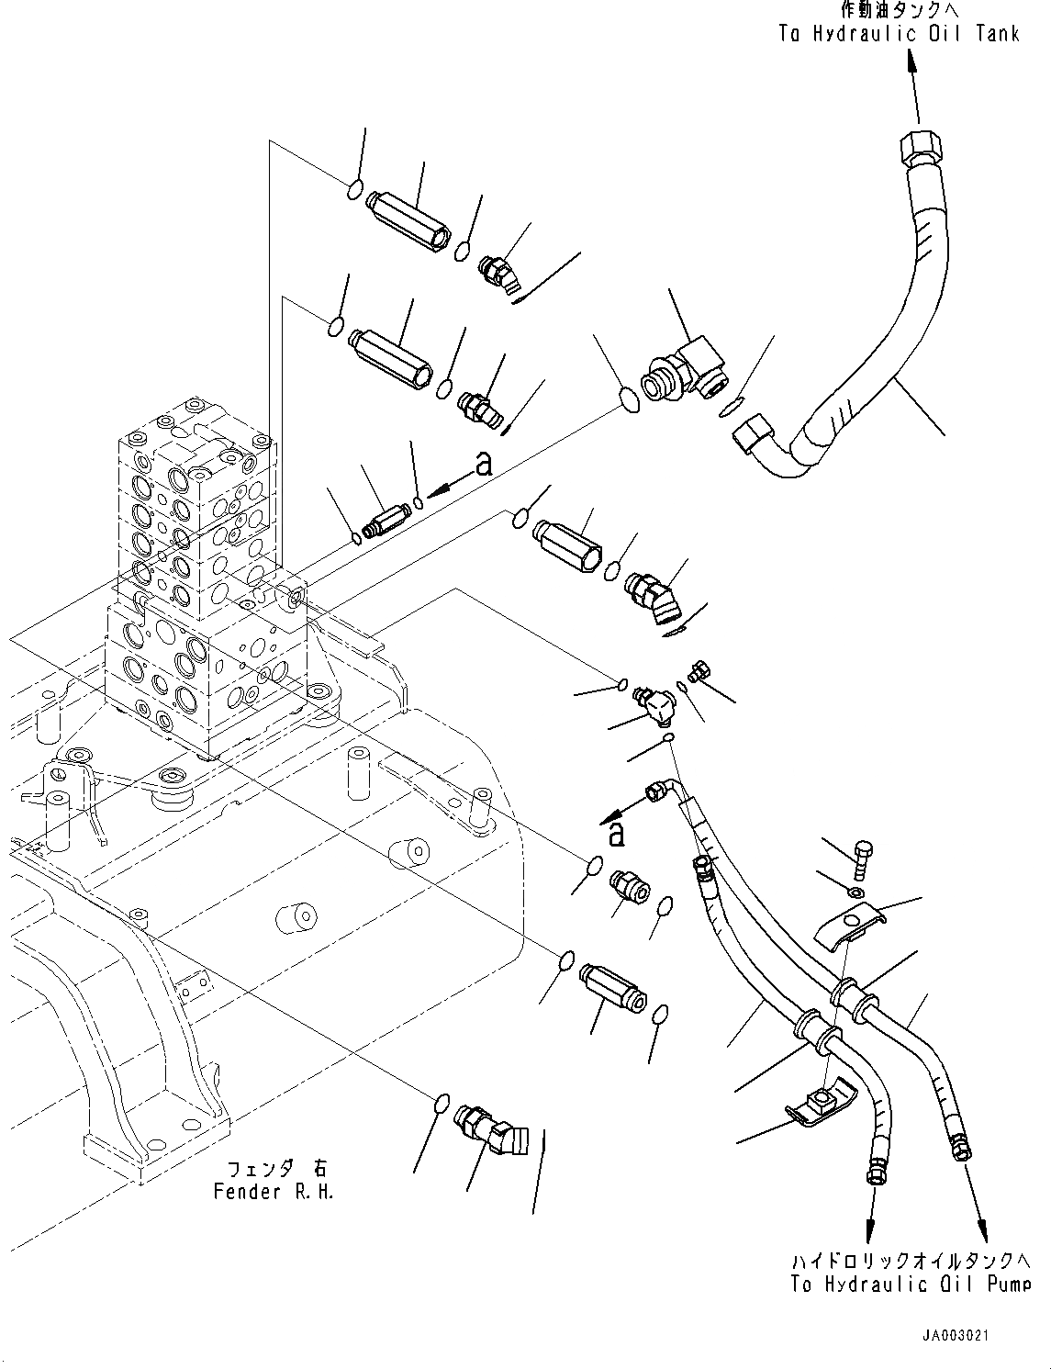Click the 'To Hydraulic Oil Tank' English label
(899, 34)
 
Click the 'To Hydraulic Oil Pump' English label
(910, 1284)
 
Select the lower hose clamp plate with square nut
(822, 1100)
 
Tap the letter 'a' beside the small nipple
(484, 465)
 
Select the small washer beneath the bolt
(855, 892)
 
